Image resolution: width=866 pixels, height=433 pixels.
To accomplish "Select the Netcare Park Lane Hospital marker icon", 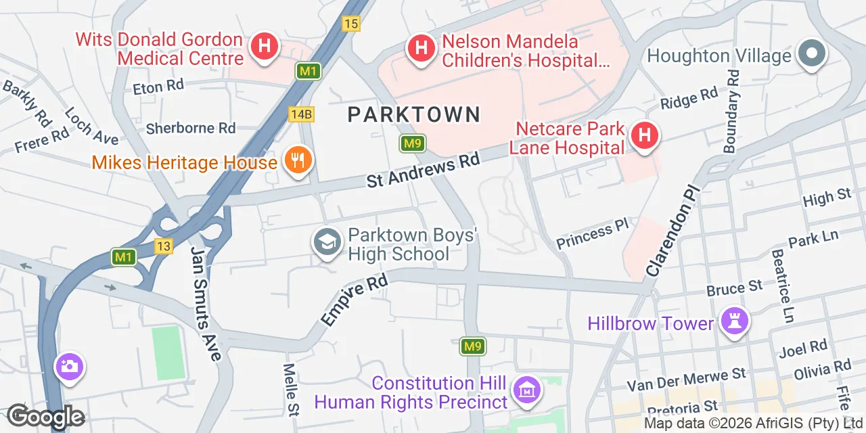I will click(645, 135).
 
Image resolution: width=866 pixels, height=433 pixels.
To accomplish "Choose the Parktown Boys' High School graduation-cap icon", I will click(327, 243).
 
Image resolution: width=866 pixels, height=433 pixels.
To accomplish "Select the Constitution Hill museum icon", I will click(526, 390).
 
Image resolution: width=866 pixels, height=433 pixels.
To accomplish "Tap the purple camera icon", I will click(70, 367).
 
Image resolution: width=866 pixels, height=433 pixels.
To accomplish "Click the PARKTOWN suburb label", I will click(414, 114).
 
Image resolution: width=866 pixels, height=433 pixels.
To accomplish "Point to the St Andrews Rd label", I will click(423, 170).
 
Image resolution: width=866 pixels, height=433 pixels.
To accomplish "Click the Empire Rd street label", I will click(355, 300).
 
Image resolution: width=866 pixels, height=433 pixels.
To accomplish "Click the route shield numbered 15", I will click(350, 24).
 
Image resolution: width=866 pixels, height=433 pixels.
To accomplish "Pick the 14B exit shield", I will click(300, 114).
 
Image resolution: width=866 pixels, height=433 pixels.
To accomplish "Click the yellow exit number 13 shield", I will click(163, 246).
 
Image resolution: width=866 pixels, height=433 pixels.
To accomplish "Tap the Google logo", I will click(45, 417).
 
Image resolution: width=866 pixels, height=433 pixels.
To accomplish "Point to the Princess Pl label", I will click(593, 234).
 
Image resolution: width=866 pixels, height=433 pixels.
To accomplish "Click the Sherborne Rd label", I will click(191, 128).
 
